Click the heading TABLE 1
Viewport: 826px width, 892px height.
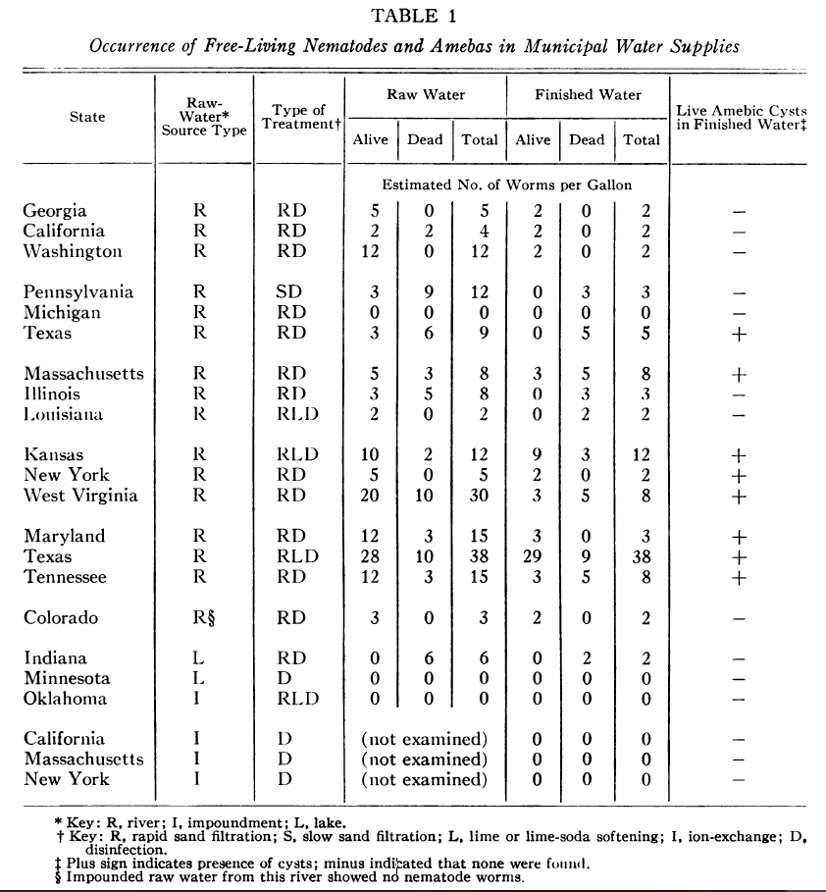412,16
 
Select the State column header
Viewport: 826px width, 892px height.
87,117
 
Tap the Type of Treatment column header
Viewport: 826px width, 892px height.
298,118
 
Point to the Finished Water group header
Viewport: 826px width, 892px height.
588,95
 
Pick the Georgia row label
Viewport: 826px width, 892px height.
55,211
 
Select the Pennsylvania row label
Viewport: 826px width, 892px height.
78,292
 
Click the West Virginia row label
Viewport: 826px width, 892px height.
80,496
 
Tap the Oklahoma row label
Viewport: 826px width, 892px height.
66,699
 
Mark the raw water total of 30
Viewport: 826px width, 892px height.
480,496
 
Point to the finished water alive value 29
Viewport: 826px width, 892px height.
533,556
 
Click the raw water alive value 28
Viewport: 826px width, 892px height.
370,556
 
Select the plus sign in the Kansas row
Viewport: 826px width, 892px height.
740,455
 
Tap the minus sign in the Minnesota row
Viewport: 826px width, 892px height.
740,679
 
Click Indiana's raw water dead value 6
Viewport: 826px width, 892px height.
425,658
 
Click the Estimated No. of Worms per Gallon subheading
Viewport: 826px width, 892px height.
507,184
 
